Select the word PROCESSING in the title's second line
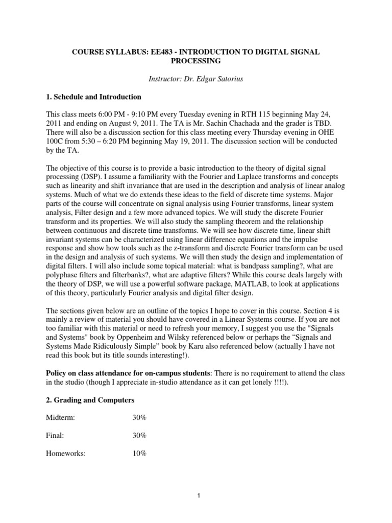(195, 61)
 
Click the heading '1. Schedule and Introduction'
(94, 97)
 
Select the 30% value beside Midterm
(139, 417)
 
